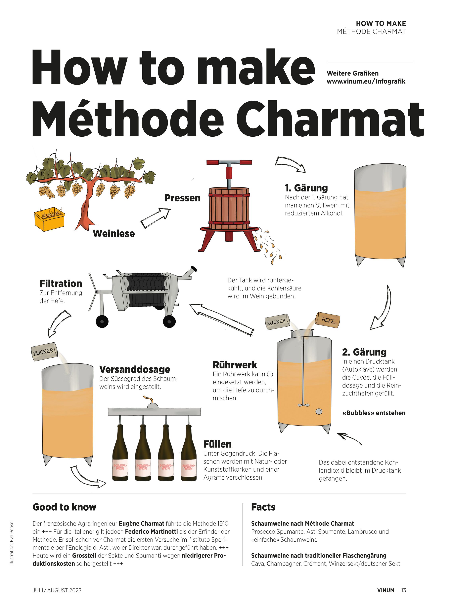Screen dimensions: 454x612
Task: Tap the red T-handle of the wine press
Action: pyautogui.click(x=229, y=162)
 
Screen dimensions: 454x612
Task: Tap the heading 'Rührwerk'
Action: pyautogui.click(x=235, y=365)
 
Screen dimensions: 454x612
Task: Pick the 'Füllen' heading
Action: pyautogui.click(x=217, y=444)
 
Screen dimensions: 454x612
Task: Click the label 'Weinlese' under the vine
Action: pyautogui.click(x=114, y=234)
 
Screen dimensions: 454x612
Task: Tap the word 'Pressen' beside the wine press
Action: pyautogui.click(x=182, y=198)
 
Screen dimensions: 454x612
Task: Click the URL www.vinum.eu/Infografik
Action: pyautogui.click(x=366, y=82)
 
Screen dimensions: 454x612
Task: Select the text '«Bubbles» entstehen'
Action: pyautogui.click(x=374, y=413)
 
